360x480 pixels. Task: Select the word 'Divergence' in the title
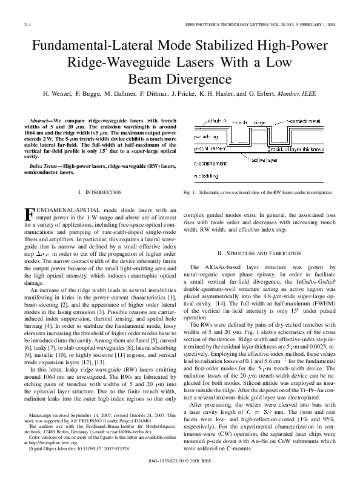coord(179,79)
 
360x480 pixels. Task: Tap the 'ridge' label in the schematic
coord(259,122)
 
